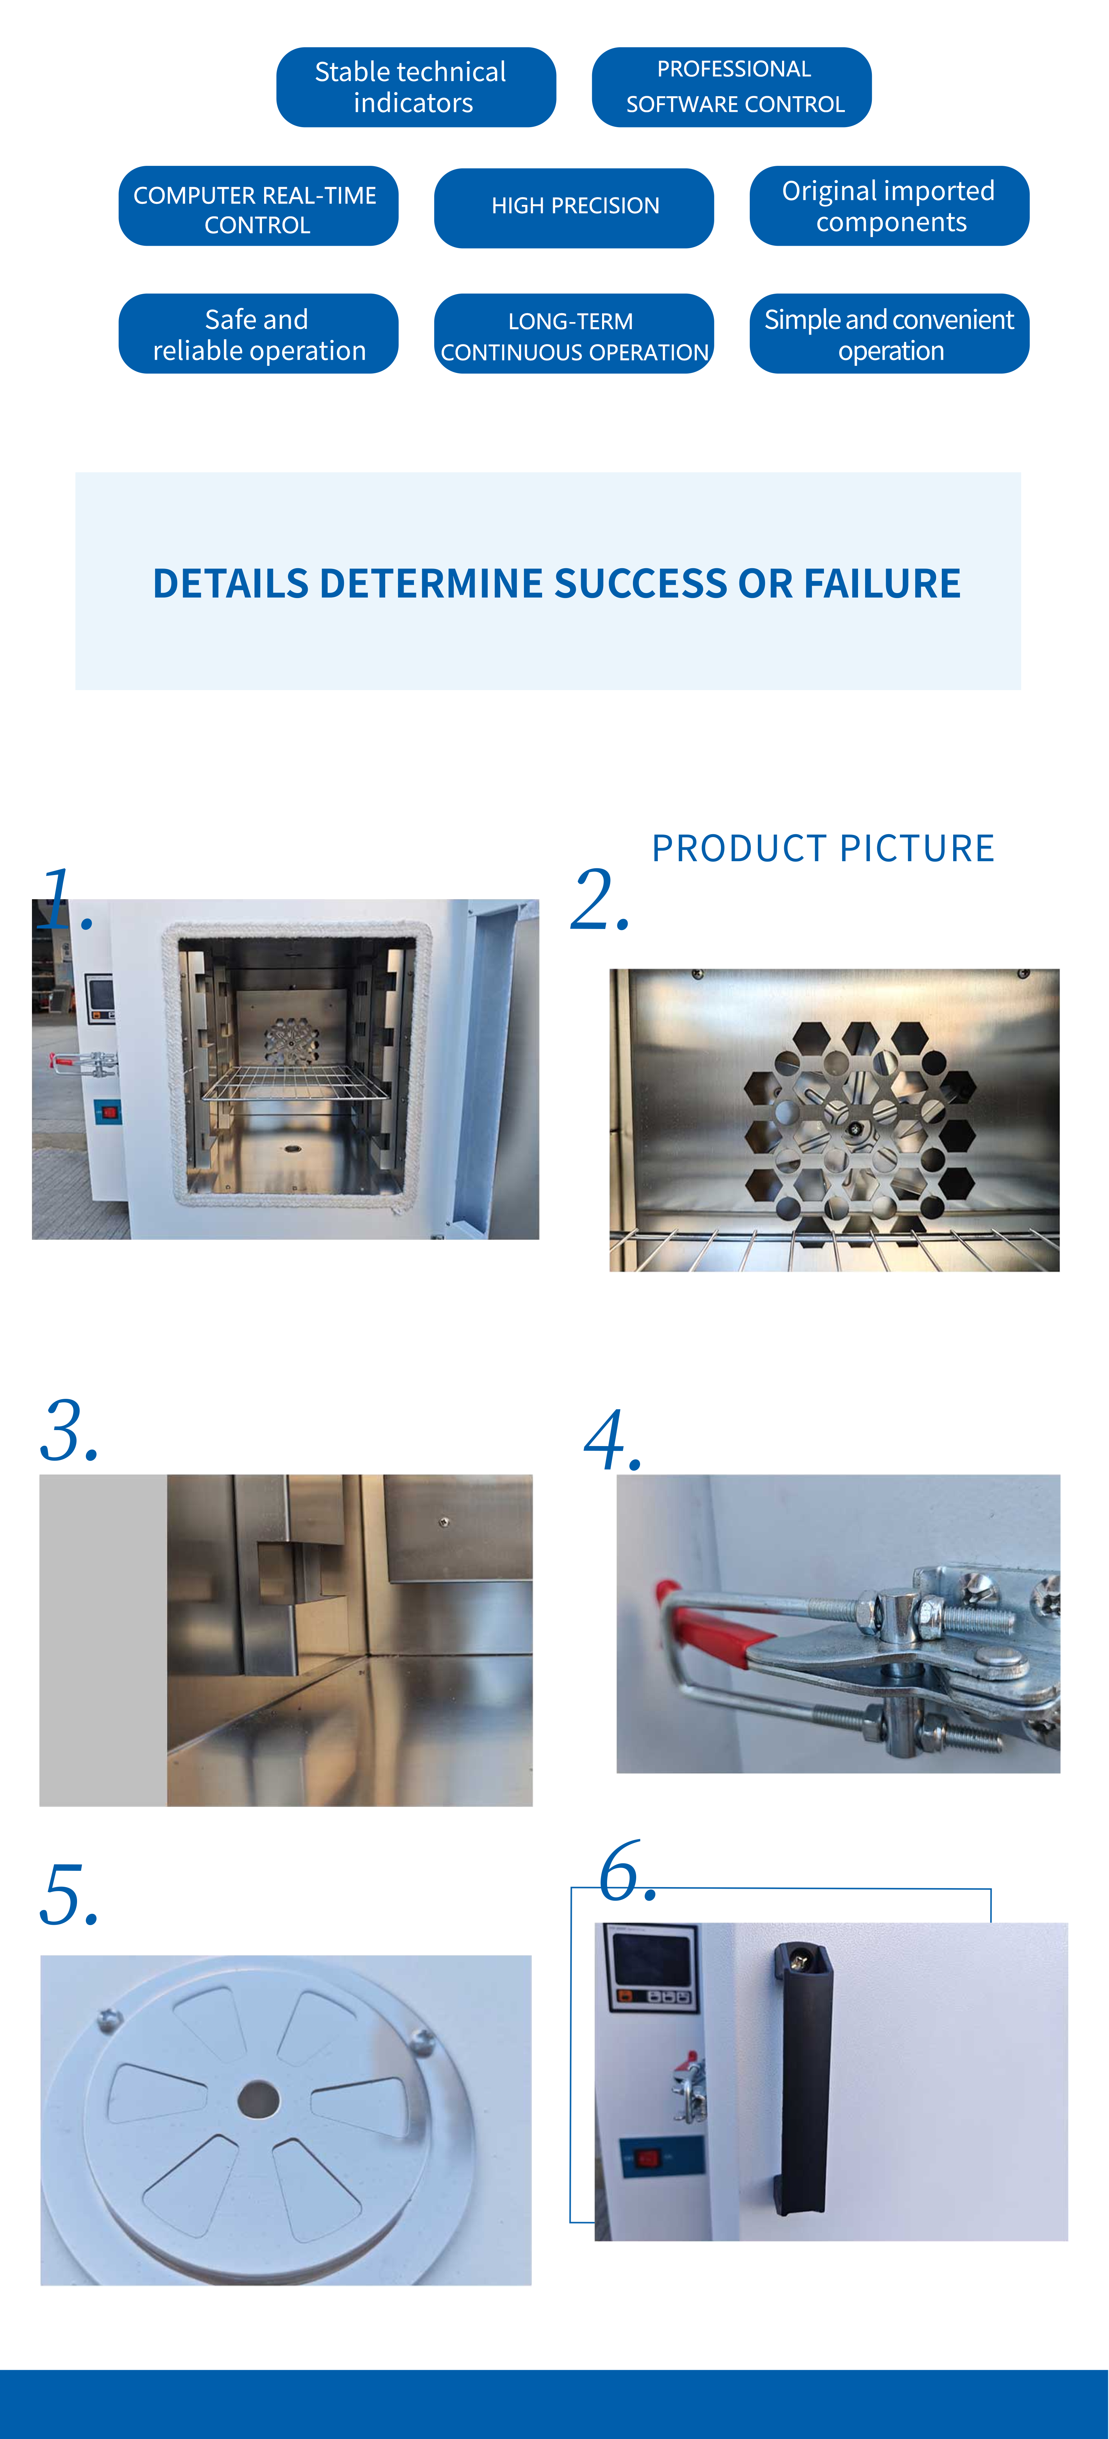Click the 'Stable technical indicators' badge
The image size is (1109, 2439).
[415, 87]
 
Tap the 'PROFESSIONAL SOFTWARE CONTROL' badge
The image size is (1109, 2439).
[731, 87]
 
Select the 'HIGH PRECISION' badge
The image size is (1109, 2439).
[573, 207]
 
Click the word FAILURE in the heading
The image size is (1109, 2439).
[882, 583]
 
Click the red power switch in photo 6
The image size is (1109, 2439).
[647, 2159]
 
